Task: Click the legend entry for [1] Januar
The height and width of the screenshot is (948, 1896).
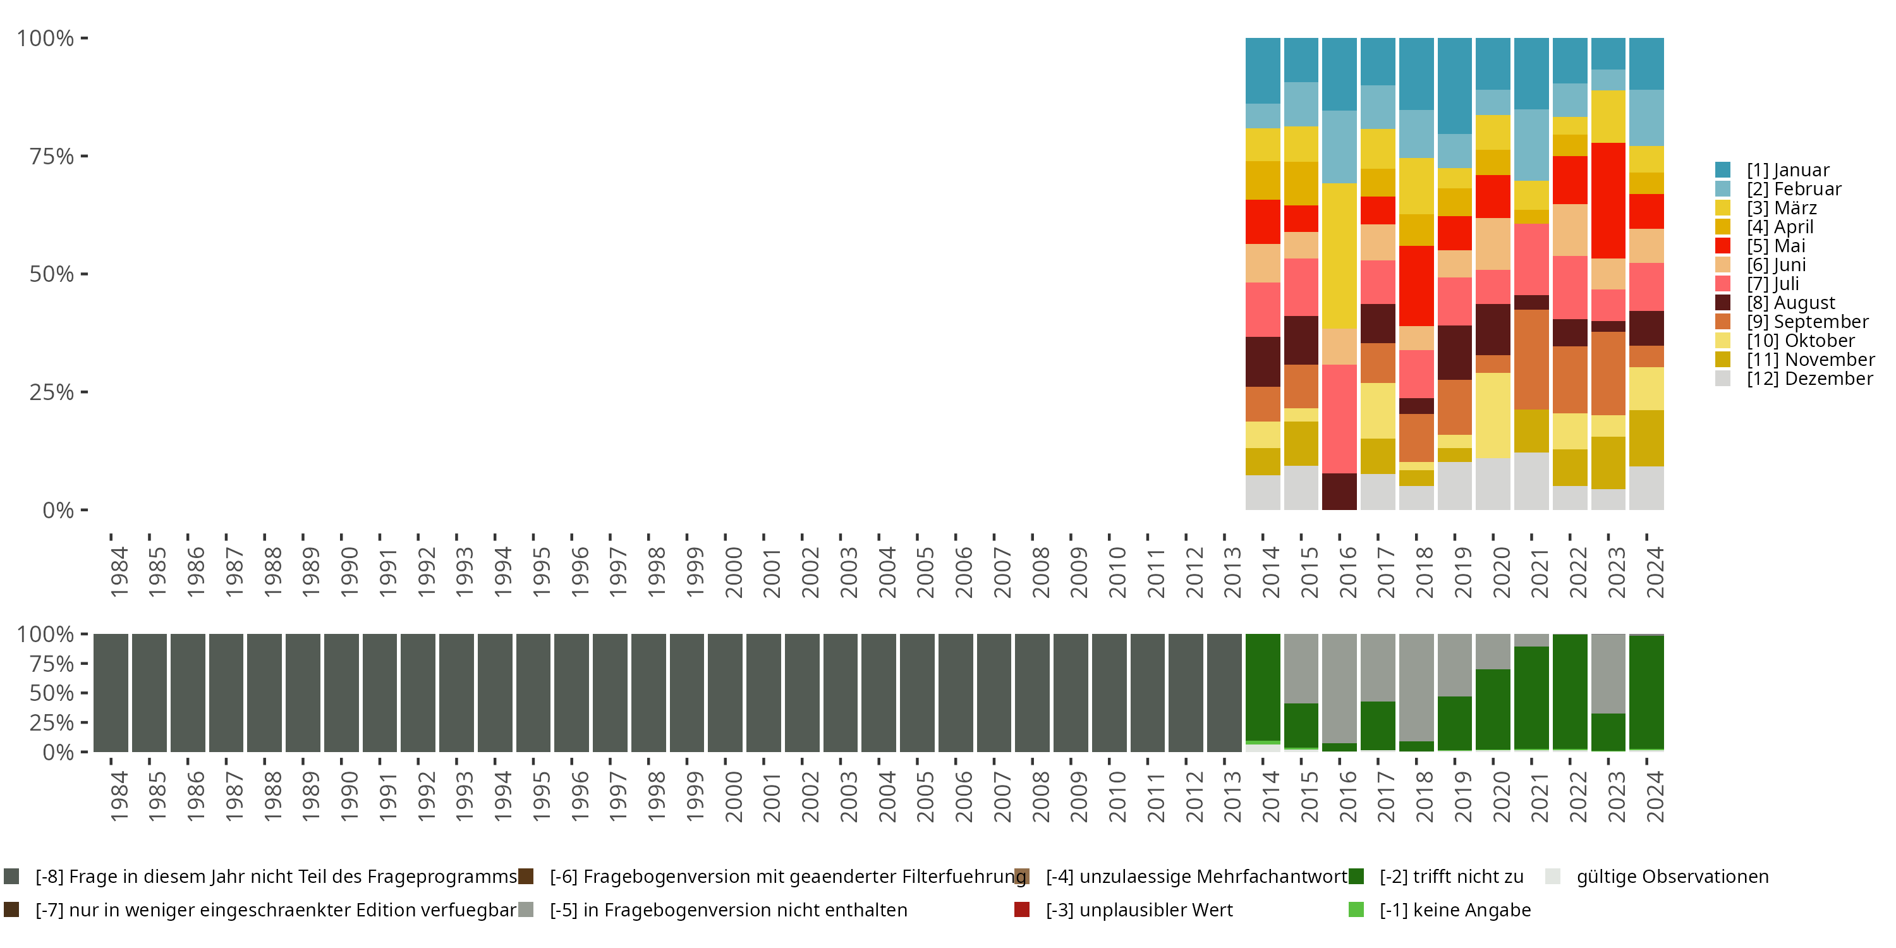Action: (x=1787, y=170)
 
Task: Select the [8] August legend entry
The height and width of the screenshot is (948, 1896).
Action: (x=1790, y=303)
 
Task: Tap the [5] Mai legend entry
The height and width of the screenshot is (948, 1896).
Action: (x=1775, y=246)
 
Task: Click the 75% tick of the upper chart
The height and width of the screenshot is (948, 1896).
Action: (x=52, y=156)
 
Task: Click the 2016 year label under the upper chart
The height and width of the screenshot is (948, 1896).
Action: (x=1347, y=573)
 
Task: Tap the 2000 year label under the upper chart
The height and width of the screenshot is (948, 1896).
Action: (x=733, y=573)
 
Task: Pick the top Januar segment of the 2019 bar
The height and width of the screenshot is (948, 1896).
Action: (x=1454, y=85)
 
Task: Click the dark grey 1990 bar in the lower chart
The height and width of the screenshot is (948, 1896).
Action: (x=341, y=693)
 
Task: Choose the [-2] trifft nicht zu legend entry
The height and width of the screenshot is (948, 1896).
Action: (x=1450, y=877)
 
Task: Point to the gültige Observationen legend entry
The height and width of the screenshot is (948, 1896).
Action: (x=1671, y=877)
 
